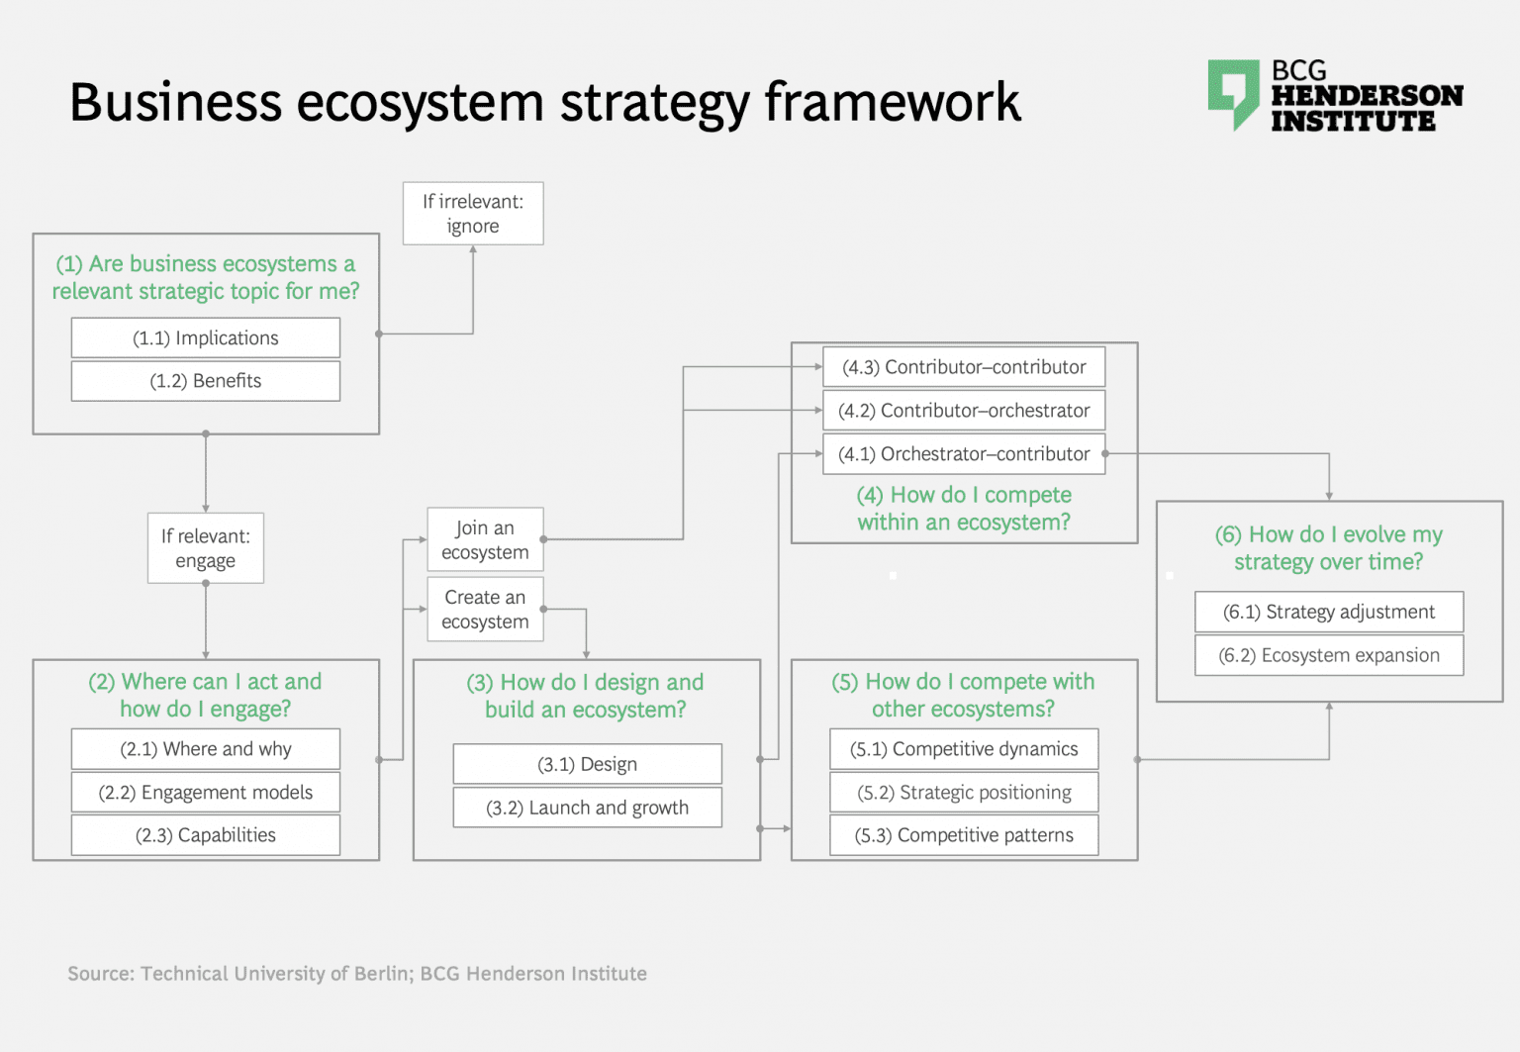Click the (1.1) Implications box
(206, 337)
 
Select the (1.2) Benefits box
(206, 381)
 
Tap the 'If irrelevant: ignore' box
(473, 214)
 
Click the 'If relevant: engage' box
(206, 548)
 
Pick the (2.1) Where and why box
(206, 749)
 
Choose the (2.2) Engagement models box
(206, 792)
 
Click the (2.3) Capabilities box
(206, 835)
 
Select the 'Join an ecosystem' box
(485, 539)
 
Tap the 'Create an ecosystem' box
(485, 610)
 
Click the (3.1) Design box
(587, 764)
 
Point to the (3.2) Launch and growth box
(587, 808)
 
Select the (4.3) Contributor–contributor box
(964, 367)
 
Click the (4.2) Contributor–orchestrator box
(964, 411)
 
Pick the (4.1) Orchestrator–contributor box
(964, 454)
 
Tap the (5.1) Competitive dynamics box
(964, 749)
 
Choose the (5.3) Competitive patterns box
(964, 835)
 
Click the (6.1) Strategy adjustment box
(1329, 612)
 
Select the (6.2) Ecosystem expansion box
(1329, 655)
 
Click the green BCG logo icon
(1233, 93)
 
